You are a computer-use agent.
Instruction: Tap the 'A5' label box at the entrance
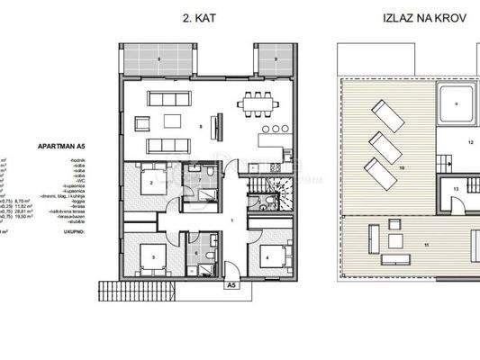[231, 285]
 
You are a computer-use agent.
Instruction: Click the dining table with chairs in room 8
[260, 105]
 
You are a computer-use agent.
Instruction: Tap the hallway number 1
[231, 220]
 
